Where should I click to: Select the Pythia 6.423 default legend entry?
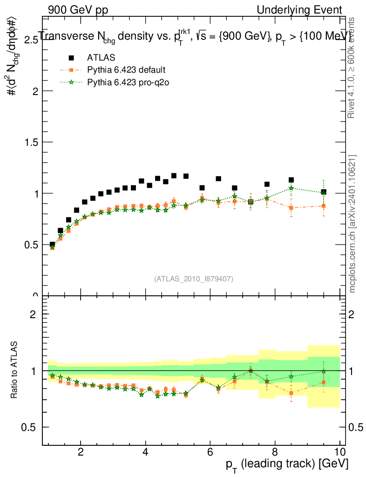(x=126, y=70)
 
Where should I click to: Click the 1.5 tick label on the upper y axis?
(x=30, y=142)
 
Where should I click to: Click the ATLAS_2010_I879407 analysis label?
(x=194, y=279)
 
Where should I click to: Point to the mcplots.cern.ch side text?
(x=352, y=224)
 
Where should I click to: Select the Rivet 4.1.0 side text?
(x=352, y=68)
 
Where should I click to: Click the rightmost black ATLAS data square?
(x=324, y=192)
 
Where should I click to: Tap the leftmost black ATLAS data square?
(x=52, y=245)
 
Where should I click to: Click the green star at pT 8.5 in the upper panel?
(x=291, y=188)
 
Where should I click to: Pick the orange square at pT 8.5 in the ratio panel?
(x=291, y=393)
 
